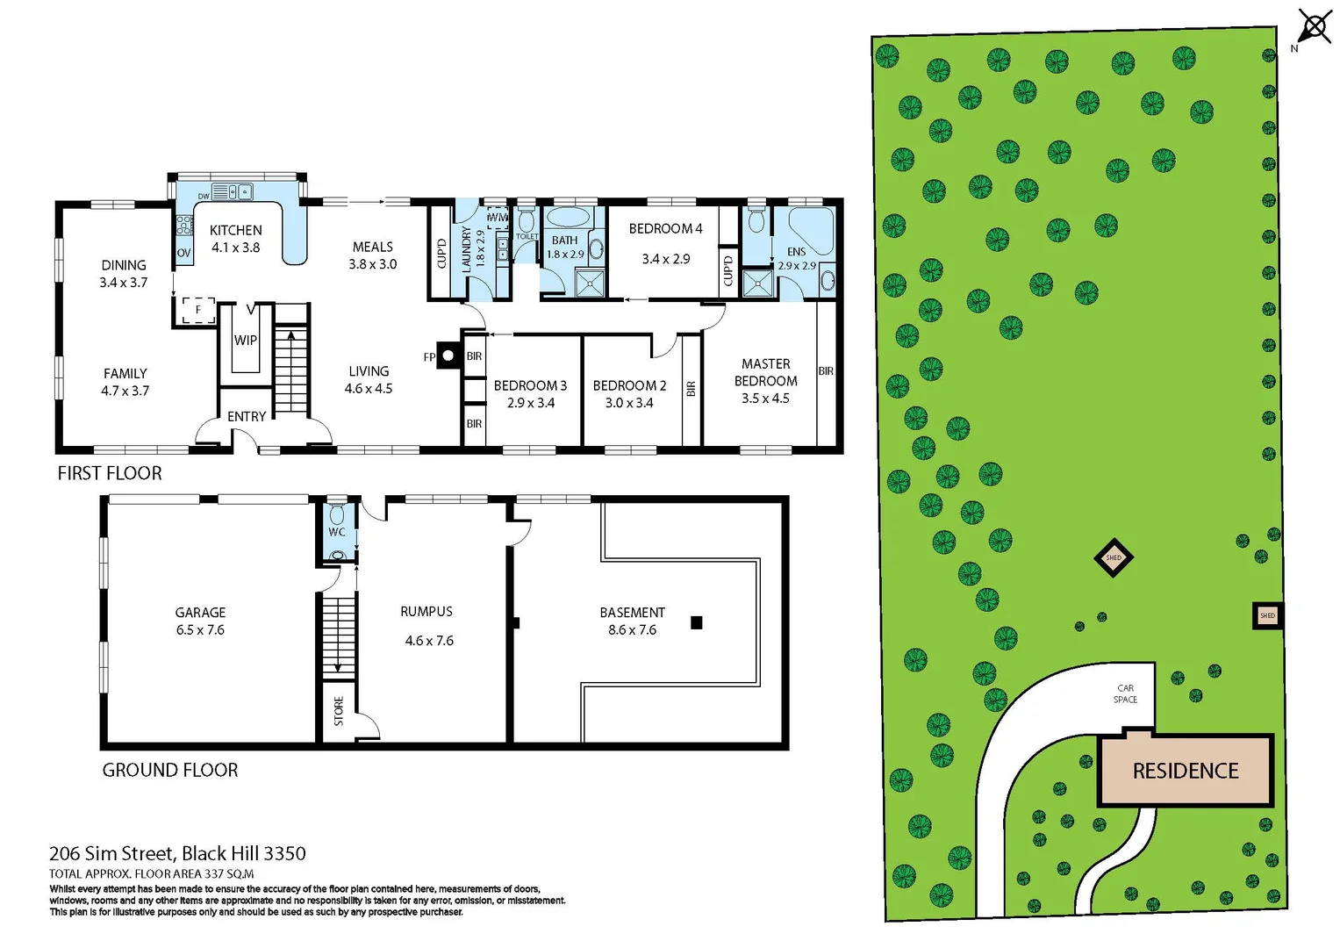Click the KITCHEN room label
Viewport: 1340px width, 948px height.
point(235,230)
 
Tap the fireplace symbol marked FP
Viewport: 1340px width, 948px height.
point(448,355)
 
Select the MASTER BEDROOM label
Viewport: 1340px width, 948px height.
point(765,372)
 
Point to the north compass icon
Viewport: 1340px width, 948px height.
point(1314,26)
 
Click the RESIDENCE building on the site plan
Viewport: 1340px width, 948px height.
point(1185,771)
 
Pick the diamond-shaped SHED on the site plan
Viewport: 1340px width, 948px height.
point(1114,557)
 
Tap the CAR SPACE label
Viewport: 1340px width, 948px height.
point(1125,693)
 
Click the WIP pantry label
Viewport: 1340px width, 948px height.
point(245,341)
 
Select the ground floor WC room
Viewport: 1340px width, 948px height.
point(337,530)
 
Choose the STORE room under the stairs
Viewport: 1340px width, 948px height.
point(339,711)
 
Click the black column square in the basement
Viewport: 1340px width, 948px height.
point(697,623)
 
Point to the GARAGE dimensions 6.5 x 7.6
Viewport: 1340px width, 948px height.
point(200,630)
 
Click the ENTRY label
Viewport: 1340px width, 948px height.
point(247,416)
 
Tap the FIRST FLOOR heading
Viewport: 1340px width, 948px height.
point(110,473)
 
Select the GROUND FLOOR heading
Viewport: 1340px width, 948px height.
point(170,770)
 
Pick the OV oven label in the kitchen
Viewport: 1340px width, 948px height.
point(183,253)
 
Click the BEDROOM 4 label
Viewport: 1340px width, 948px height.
point(665,228)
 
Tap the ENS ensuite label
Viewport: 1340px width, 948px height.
point(796,252)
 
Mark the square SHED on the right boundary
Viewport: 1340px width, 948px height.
point(1267,615)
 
